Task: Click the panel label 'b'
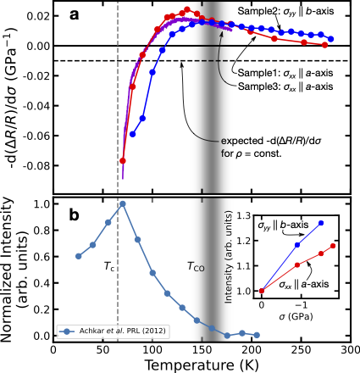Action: point(73,215)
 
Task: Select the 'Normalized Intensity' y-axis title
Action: point(9,270)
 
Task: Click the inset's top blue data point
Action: point(321,223)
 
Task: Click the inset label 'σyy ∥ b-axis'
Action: point(286,228)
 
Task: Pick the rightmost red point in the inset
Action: point(333,246)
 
